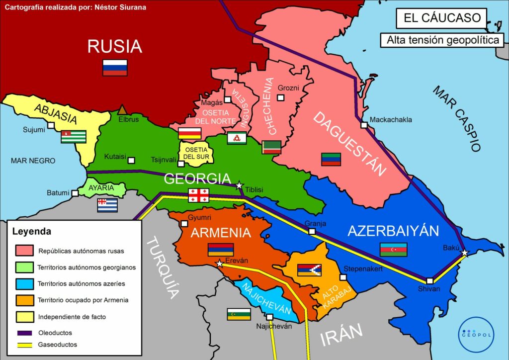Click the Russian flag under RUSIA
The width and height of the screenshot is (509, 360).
click(115, 68)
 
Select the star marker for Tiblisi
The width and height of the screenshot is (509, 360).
click(239, 185)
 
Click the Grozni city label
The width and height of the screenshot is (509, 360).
click(288, 88)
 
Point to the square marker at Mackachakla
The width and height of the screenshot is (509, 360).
click(364, 125)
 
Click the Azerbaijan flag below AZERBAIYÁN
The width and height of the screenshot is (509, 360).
click(393, 250)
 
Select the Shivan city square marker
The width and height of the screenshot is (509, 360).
click(429, 280)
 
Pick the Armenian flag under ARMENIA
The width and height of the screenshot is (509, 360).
click(220, 250)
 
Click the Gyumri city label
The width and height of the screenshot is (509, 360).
click(200, 218)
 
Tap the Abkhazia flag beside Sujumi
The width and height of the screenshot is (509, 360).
click(74, 137)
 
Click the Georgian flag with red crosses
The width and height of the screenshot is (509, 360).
click(198, 195)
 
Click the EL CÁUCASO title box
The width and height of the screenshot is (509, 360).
click(441, 18)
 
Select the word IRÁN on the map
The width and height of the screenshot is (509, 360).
click(340, 337)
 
